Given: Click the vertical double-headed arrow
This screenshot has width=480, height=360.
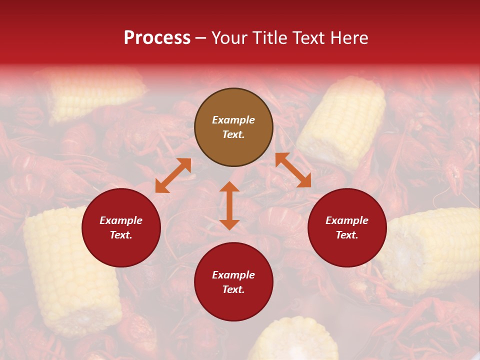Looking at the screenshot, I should coord(229,205).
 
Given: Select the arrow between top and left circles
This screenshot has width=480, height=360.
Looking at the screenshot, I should coord(173,175).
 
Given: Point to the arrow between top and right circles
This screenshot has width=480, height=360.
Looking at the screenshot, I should coord(293,170).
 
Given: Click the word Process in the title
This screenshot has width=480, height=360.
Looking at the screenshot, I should coord(157,38).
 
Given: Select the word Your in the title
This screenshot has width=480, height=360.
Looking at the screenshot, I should coord(230,38).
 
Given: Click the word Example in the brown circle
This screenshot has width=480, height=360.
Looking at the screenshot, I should coord(233,120).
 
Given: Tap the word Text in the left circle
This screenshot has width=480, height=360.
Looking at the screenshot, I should coord(120,235).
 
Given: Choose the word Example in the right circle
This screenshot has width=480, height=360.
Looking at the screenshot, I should coord(347,220).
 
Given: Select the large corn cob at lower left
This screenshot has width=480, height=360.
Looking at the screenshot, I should coord(70,270).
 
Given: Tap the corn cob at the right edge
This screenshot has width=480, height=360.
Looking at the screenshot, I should coord(435,247).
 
